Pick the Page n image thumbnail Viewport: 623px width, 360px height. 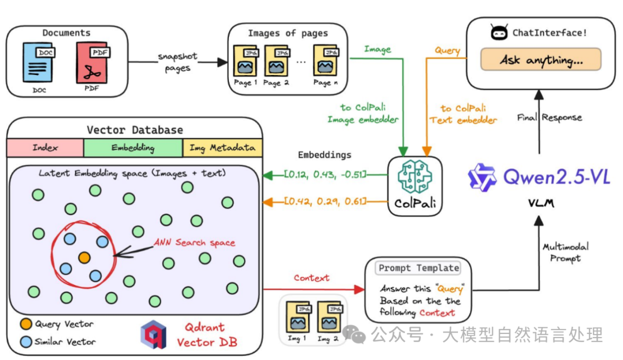[326, 61]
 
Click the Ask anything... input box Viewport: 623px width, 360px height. [541, 59]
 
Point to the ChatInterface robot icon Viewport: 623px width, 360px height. [499, 33]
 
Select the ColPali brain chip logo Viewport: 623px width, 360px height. [414, 178]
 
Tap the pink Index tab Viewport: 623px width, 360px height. [45, 148]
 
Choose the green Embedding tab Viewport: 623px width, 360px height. [133, 148]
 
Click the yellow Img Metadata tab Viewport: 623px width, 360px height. [222, 148]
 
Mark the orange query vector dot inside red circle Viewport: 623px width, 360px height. [84, 256]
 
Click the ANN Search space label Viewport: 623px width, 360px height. [194, 242]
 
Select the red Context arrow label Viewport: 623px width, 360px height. [311, 278]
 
